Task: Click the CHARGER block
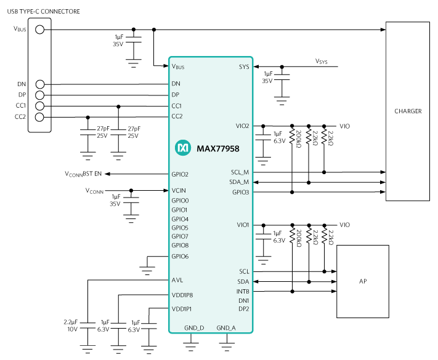tap(408, 111)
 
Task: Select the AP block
tap(363, 281)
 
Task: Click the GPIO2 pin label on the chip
tap(180, 175)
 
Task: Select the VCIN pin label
tap(179, 190)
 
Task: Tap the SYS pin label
tap(244, 66)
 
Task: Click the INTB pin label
tap(243, 291)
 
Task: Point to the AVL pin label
tap(177, 279)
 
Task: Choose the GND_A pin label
tap(226, 328)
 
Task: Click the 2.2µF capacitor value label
tap(70, 322)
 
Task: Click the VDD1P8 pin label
tap(182, 295)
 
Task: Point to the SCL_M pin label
tap(240, 172)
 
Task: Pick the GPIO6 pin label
tap(180, 256)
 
